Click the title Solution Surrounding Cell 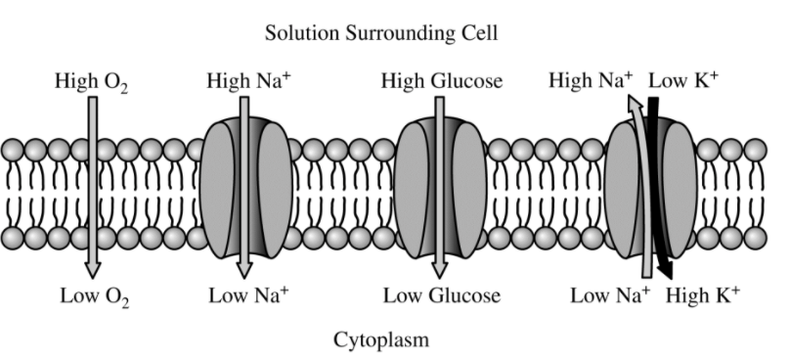coord(381,34)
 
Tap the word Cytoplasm coord(381,339)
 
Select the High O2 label coord(91,81)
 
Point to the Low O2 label coord(95,296)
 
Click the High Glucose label coord(441,81)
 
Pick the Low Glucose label coord(442,295)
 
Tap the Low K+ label coord(683,80)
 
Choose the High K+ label coord(703,295)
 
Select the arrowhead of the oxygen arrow coord(92,270)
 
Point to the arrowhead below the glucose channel coord(439,270)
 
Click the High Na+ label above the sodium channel coord(248,80)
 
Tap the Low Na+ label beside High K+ coord(610,295)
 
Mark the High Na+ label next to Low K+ coord(591,80)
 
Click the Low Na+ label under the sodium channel coord(249,295)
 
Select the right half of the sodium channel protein coord(275,190)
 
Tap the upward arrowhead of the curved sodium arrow coord(635,103)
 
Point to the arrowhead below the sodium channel coord(244,270)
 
